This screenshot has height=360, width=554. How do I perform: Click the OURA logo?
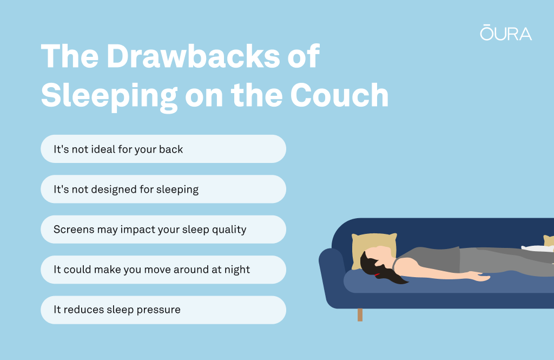click(x=506, y=32)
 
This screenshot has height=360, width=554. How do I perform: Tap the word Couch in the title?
click(x=339, y=95)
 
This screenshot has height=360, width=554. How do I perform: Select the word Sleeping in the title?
click(x=109, y=96)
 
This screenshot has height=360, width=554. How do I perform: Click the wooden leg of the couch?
click(x=360, y=315)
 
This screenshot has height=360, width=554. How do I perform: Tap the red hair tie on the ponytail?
click(x=377, y=274)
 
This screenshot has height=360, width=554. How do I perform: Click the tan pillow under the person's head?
click(x=374, y=250)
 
